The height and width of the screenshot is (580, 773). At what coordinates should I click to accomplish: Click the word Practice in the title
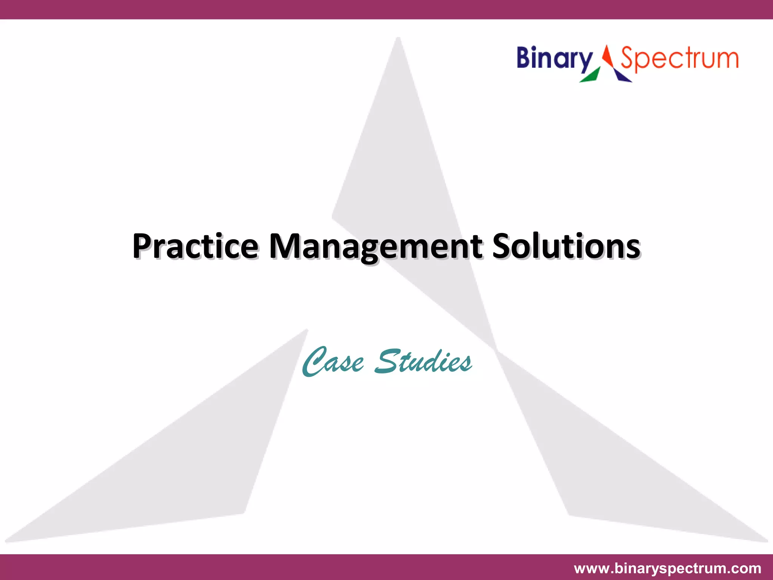(195, 246)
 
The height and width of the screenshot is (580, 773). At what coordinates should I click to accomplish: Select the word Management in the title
(375, 246)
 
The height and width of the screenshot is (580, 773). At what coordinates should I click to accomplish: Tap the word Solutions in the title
(566, 246)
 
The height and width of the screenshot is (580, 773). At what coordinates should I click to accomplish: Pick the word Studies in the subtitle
(423, 362)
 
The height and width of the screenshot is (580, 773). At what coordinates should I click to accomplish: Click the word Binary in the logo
(554, 59)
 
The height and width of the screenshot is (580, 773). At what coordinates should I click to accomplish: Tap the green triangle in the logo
(590, 76)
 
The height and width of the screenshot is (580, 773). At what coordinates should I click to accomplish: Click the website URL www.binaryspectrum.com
(667, 568)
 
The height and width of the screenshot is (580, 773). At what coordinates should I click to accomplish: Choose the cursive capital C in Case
(315, 362)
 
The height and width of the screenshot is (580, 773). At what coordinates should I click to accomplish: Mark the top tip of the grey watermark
(398, 39)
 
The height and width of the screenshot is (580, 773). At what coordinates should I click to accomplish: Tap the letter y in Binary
(585, 62)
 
